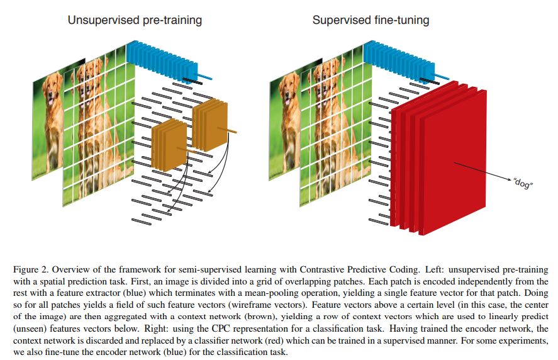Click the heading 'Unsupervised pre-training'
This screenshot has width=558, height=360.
pos(135,20)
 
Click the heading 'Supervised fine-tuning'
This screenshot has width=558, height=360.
pos(371,20)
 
